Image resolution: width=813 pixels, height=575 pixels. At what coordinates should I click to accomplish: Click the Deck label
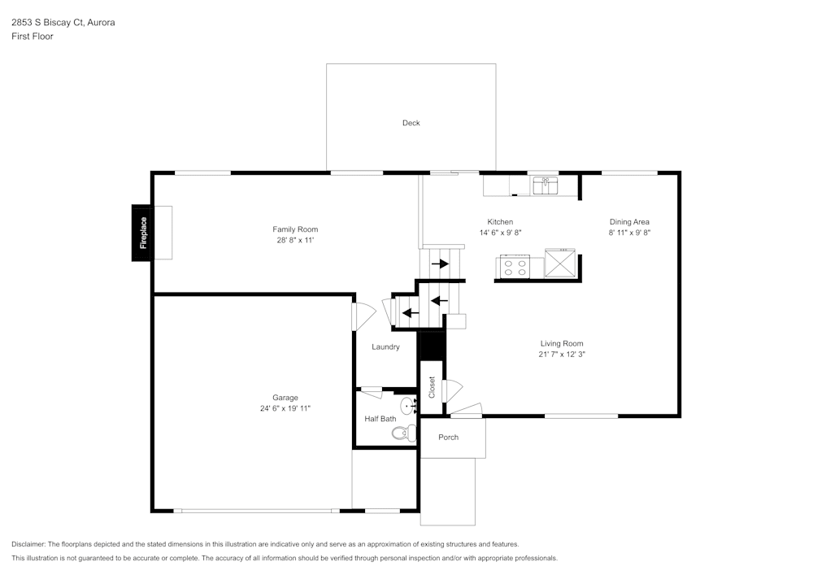(x=411, y=123)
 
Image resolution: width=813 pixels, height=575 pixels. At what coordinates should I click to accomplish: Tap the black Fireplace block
(x=142, y=233)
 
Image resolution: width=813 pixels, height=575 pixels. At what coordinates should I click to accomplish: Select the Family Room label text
(x=294, y=229)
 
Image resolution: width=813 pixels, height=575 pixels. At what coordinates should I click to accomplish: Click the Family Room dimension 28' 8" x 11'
(x=294, y=240)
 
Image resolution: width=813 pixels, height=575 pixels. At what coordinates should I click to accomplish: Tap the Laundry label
(x=385, y=347)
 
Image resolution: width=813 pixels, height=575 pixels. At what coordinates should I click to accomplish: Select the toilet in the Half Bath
(x=402, y=433)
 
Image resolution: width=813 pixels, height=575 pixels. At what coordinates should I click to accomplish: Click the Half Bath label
(x=380, y=419)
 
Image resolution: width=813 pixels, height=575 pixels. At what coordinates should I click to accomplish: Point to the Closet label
(x=432, y=387)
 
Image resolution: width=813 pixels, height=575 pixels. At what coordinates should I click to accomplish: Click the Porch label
(x=448, y=438)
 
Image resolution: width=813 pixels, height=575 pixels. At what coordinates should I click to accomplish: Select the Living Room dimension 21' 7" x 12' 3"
(x=561, y=355)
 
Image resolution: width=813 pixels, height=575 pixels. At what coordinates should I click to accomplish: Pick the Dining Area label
(x=629, y=222)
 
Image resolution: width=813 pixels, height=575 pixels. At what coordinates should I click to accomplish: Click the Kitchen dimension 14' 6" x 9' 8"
(x=500, y=233)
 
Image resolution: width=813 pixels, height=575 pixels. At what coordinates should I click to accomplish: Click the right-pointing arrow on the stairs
(x=441, y=264)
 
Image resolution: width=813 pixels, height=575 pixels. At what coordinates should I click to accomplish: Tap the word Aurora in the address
(x=101, y=23)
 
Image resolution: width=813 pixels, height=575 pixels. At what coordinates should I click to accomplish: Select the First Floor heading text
(x=33, y=37)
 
